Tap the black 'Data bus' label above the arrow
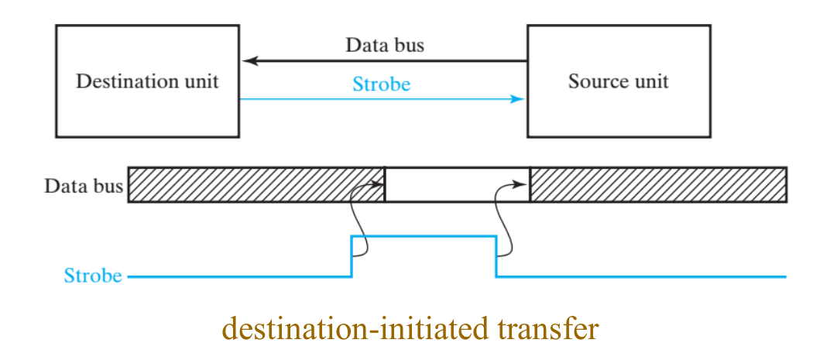pos(385,45)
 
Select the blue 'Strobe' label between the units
pos(382,84)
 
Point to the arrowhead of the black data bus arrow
pos(246,60)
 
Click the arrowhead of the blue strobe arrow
pos(520,99)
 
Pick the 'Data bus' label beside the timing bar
pos(84,186)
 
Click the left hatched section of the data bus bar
pos(256,184)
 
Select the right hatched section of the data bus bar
pos(658,184)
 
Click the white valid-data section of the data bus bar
pos(457,184)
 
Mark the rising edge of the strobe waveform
pos(352,255)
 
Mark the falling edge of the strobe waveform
pos(496,255)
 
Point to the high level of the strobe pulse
pos(424,236)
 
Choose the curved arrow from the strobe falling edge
pos(504,217)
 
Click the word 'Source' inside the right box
pos(592,81)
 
